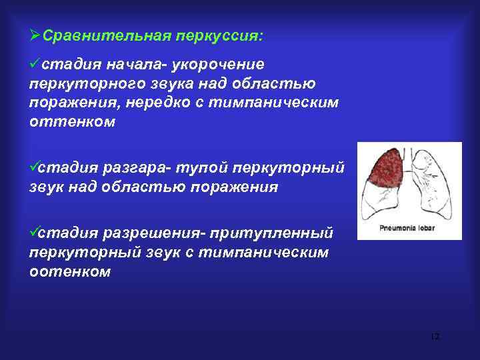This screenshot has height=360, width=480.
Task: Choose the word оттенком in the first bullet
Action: (x=72, y=123)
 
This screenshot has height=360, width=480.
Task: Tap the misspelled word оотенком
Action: (x=70, y=272)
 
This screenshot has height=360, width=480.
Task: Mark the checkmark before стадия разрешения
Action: (x=35, y=233)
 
